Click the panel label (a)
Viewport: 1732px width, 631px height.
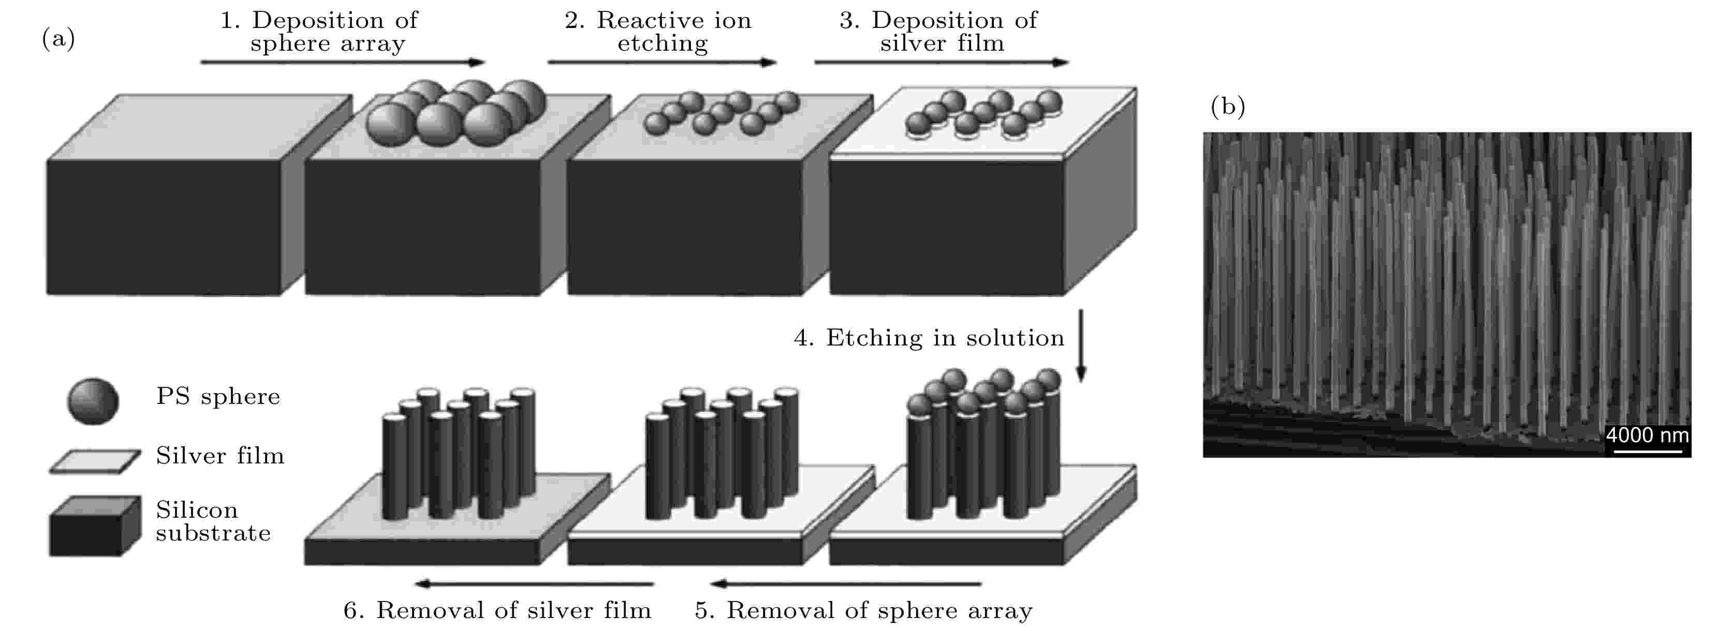click(x=58, y=39)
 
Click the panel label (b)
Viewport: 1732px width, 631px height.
click(x=1228, y=106)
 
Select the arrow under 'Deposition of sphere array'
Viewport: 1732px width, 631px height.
click(x=342, y=63)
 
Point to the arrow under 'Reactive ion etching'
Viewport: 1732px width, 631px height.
click(x=662, y=63)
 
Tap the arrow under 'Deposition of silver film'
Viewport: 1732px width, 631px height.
click(x=941, y=63)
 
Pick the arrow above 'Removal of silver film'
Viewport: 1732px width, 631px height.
click(x=535, y=583)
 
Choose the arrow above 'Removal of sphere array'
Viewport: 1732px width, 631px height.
click(x=846, y=583)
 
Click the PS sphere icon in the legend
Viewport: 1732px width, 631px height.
click(x=93, y=401)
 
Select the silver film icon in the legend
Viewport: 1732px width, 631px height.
click(x=95, y=462)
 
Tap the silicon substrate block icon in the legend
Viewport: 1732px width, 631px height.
click(x=95, y=526)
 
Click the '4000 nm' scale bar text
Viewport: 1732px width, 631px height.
click(x=1647, y=435)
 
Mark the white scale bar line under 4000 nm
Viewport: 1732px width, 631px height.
click(x=1647, y=451)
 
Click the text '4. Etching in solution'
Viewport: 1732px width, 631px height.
click(x=929, y=338)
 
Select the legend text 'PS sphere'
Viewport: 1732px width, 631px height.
click(x=218, y=397)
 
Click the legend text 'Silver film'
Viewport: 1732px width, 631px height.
click(x=220, y=456)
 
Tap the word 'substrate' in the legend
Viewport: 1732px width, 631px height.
click(x=213, y=534)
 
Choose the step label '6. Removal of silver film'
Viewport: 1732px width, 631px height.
click(x=497, y=610)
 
